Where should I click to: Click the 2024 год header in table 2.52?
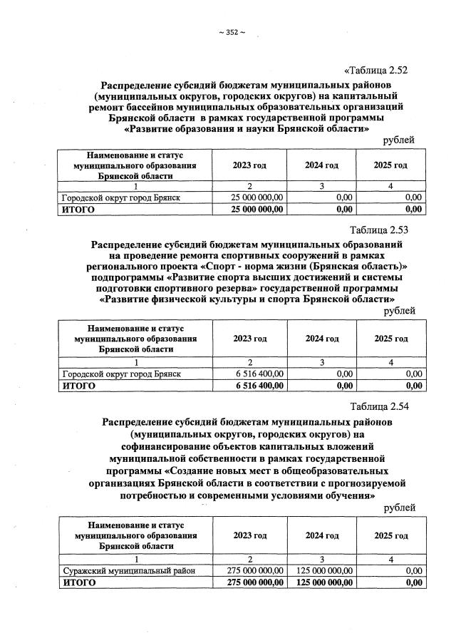click(x=321, y=165)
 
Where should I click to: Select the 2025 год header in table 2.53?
click(x=391, y=339)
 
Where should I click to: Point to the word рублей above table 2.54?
click(x=399, y=507)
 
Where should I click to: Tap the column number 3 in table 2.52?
click(x=322, y=185)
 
